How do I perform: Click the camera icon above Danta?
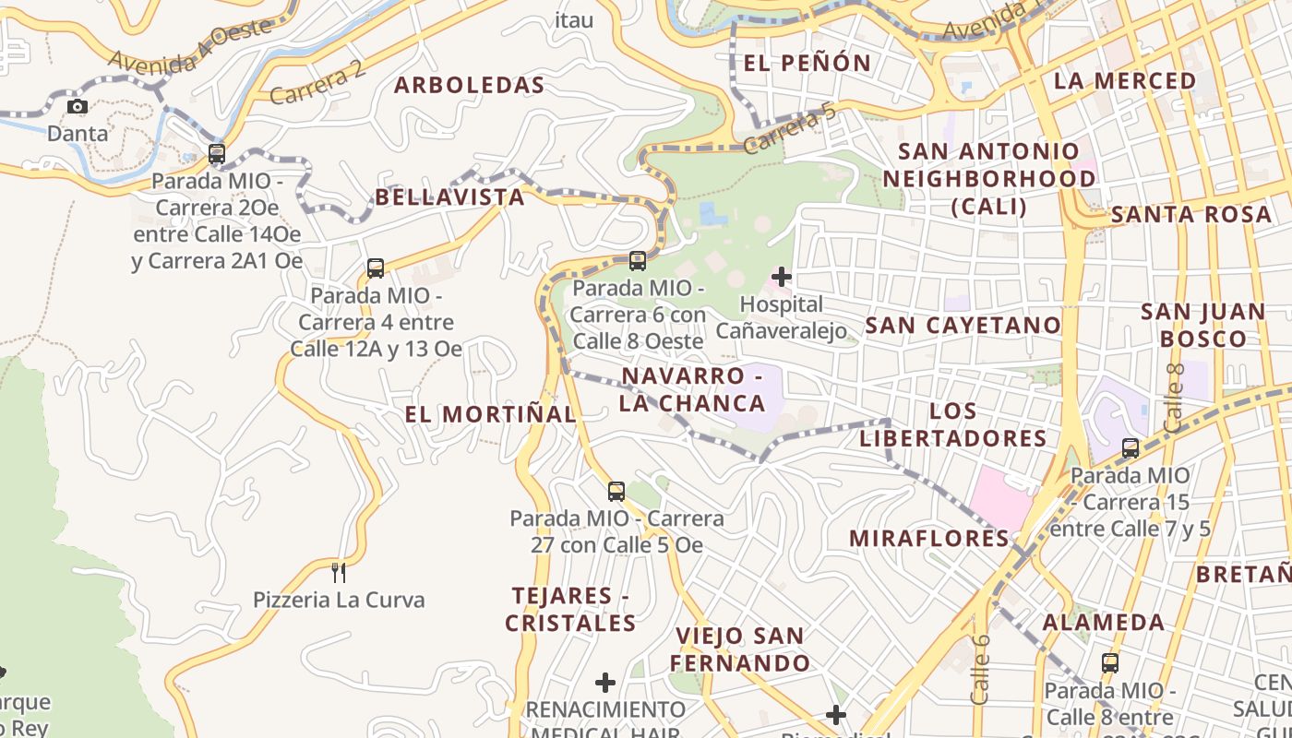(x=78, y=107)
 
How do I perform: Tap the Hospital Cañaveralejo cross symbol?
(x=782, y=276)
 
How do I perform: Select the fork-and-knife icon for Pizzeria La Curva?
(x=339, y=572)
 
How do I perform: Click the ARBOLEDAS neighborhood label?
(x=470, y=86)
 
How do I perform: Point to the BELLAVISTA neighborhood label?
(x=449, y=197)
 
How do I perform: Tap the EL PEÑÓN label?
(x=807, y=63)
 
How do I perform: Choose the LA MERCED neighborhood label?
(x=1124, y=81)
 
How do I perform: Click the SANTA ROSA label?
(x=1190, y=215)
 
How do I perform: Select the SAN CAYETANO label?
(x=963, y=325)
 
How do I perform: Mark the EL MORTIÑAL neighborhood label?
(x=490, y=414)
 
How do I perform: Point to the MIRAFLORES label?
(x=929, y=538)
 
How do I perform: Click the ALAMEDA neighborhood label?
(x=1104, y=623)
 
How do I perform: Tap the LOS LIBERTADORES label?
(x=953, y=424)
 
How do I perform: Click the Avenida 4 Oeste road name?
(x=192, y=49)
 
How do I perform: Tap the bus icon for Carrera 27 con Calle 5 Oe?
(x=616, y=492)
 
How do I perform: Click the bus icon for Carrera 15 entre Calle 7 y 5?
(x=1130, y=448)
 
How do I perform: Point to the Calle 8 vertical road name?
(x=1174, y=398)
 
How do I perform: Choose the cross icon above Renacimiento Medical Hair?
(x=605, y=683)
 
